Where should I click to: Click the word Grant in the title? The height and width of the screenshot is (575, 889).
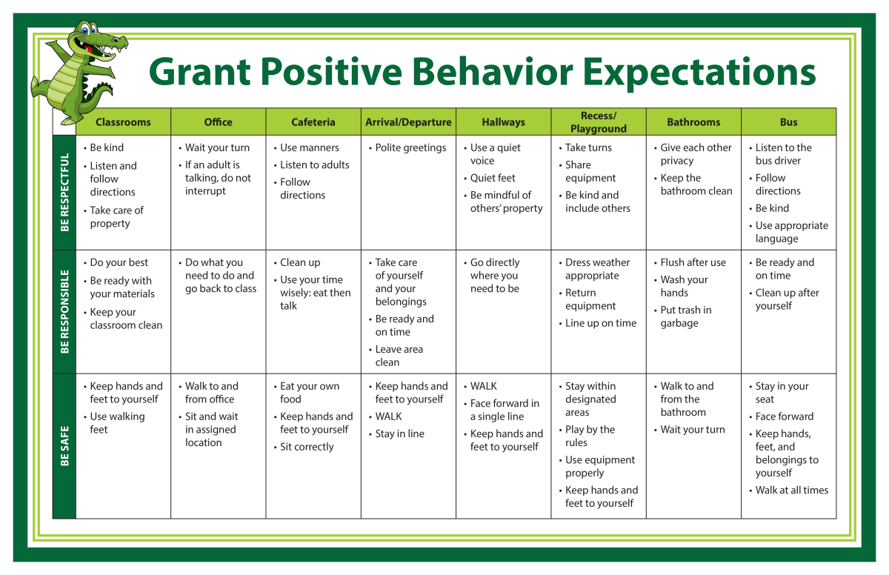click(199, 71)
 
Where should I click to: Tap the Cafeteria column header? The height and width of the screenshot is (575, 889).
click(313, 122)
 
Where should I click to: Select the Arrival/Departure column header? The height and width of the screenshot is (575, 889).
click(408, 122)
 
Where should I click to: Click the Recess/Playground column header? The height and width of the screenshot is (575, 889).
click(599, 122)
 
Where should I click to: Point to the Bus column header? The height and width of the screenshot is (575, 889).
click(788, 122)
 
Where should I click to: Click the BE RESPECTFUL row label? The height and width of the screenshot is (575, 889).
click(64, 193)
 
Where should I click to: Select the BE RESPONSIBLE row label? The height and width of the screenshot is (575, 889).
click(64, 311)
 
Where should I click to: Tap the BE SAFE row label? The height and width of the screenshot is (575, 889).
click(64, 445)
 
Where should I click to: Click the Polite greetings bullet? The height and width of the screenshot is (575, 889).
click(407, 147)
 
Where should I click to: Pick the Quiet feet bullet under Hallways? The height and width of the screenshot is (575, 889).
click(490, 178)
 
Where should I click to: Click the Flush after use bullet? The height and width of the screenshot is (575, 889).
click(690, 262)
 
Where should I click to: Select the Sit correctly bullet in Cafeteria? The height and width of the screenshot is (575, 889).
click(304, 447)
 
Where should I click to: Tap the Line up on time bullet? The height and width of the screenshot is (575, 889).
click(598, 323)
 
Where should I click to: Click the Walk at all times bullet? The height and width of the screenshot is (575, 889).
click(789, 490)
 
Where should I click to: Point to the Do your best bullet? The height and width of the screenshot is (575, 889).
click(116, 262)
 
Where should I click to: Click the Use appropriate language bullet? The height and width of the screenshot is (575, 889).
click(789, 232)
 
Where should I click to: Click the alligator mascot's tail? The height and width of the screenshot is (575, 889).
click(99, 96)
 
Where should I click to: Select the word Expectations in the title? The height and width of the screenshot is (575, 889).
click(699, 73)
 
